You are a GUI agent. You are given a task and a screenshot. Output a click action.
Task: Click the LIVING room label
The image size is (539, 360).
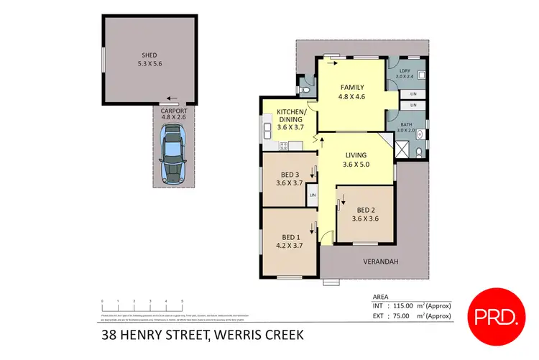click(x=356, y=154)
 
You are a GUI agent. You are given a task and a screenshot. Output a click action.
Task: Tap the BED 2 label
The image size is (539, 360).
click(x=365, y=210)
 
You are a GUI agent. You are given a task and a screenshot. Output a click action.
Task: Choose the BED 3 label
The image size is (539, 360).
click(x=290, y=175)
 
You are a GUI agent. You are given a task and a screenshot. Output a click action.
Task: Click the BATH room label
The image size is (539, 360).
click(x=407, y=125)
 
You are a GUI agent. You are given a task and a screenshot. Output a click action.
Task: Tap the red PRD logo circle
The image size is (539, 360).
click(x=495, y=315)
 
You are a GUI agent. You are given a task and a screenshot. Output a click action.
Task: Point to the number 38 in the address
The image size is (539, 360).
click(x=107, y=336)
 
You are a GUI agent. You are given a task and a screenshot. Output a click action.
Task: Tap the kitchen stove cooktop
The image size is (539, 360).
click(x=283, y=147)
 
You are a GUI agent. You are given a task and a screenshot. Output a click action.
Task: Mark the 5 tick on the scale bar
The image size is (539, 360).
click(x=182, y=301)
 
